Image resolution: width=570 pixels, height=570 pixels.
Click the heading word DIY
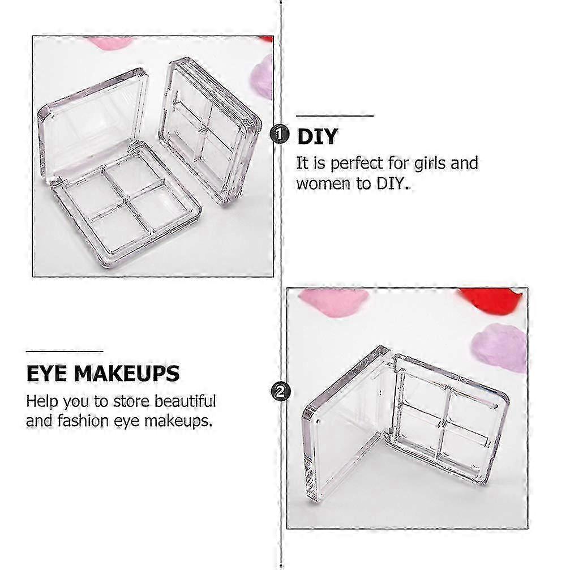coord(318,136)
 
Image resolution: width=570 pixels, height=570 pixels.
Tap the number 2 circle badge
coord(281,392)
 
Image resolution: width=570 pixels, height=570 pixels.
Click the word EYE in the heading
coord(46,374)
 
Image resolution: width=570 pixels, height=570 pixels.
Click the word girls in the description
coord(430,164)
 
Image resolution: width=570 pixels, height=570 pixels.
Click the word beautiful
coord(185,401)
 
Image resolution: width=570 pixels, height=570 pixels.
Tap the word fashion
coord(83,421)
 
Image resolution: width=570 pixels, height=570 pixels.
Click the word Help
coord(42,402)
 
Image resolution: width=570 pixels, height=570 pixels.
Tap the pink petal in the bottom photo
coord(333,301)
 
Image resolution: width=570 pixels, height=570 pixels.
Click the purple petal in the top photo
coord(263,77)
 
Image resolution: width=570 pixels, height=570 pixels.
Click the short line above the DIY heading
coord(335,116)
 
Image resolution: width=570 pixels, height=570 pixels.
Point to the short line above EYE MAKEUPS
coord(65,352)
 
